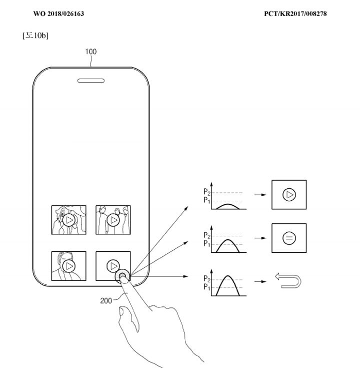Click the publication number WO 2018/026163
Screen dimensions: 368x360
click(58, 14)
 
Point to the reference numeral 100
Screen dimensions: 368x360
click(91, 52)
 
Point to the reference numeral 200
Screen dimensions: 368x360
click(106, 300)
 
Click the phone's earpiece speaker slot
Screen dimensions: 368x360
click(91, 80)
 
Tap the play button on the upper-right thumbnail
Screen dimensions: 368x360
click(113, 220)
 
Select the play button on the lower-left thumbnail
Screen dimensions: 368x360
click(69, 266)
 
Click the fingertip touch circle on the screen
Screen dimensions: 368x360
click(122, 277)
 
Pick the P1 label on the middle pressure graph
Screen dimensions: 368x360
click(206, 244)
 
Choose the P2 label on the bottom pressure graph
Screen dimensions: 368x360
click(206, 279)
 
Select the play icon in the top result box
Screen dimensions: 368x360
click(288, 195)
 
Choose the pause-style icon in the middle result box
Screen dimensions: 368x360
click(288, 238)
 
